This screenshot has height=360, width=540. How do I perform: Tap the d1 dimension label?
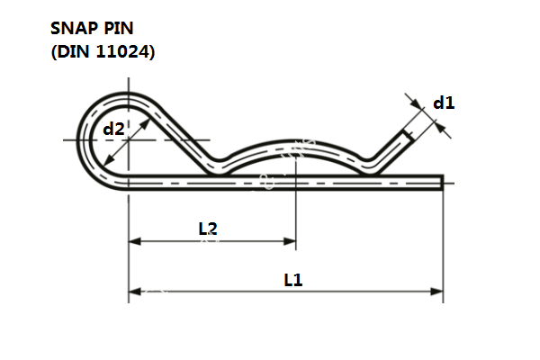444,103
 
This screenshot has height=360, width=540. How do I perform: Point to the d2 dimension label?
113,129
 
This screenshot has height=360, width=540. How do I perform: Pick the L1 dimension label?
292,280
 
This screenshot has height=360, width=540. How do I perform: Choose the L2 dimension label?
208,229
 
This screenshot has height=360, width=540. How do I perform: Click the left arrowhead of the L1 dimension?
135,292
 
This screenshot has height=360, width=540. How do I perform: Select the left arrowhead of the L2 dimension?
135,241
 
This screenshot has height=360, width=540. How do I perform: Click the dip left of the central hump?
217,165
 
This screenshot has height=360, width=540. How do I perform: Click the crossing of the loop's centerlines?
129,139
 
